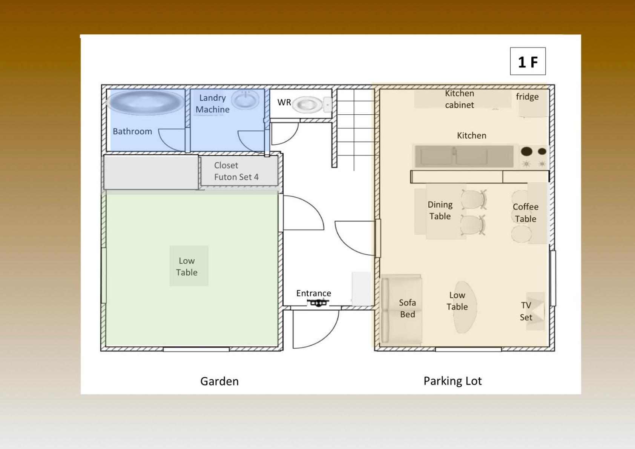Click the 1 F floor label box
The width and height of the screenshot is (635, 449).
(x=528, y=61)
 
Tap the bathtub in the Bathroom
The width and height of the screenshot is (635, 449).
(x=146, y=102)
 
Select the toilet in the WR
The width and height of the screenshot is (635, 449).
(x=311, y=105)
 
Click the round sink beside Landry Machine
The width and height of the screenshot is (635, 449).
(x=245, y=100)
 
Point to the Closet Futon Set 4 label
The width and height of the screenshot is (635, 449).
(x=236, y=171)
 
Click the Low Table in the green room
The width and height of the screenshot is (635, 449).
(x=189, y=266)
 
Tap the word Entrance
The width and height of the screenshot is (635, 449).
(x=313, y=293)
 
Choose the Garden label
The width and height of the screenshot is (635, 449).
(x=219, y=381)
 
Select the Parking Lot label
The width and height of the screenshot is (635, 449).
(x=452, y=381)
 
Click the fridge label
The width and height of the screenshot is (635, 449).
(x=527, y=97)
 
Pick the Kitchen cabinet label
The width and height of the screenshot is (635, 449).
(x=459, y=99)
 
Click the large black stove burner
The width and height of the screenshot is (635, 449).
(x=526, y=151)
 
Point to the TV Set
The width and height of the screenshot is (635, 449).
(x=535, y=311)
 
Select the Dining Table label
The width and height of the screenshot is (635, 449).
(x=440, y=211)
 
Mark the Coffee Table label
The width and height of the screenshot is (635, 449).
(x=526, y=213)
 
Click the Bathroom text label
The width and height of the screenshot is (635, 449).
(x=132, y=131)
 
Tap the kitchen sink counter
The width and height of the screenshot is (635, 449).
(x=464, y=156)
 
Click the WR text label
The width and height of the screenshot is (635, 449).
(x=284, y=102)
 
